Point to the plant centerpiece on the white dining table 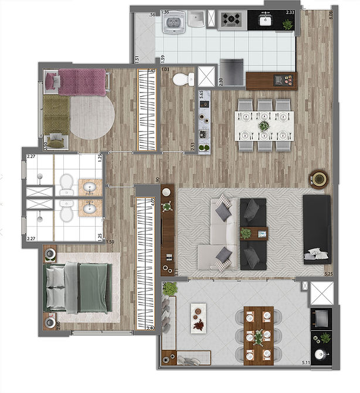[264, 125]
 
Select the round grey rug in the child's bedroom [92, 116]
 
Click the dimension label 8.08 [331, 15]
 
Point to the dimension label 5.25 [328, 273]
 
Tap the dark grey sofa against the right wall [317, 228]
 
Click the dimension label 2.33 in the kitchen [290, 12]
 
